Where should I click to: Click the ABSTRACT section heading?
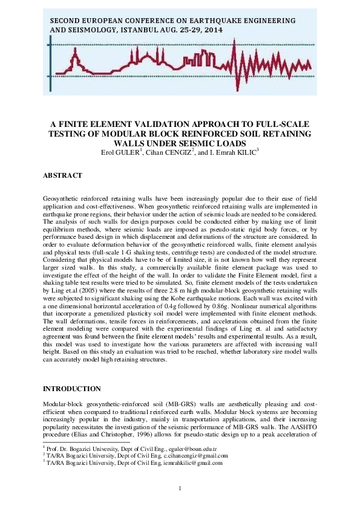click(x=62, y=175)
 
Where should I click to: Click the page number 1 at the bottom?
click(x=180, y=489)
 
